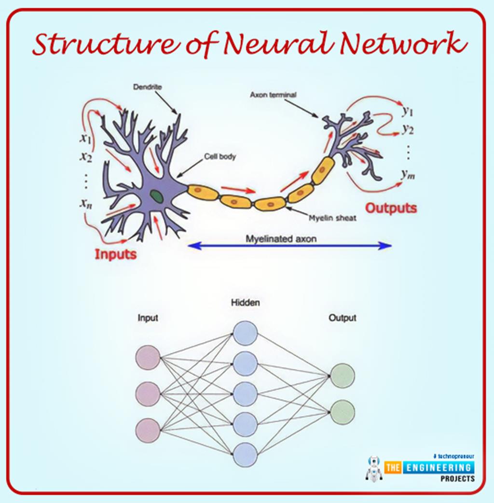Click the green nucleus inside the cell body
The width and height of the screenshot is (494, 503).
click(x=156, y=196)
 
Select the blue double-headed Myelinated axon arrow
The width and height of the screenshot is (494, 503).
click(x=289, y=246)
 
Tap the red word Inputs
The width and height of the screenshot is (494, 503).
click(x=115, y=254)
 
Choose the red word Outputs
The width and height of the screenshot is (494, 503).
click(x=391, y=209)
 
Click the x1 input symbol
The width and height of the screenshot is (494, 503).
click(x=86, y=139)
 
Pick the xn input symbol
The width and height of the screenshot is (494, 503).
click(x=86, y=203)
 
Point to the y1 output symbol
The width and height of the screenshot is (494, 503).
click(x=408, y=111)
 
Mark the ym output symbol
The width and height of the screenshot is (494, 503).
click(x=408, y=175)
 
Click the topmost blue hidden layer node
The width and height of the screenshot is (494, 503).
click(x=245, y=333)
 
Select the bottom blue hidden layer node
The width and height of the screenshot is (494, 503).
click(x=245, y=455)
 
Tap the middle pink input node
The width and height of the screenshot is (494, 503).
click(x=148, y=394)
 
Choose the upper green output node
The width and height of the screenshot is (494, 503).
click(x=343, y=376)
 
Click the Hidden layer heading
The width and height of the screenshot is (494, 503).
click(x=245, y=303)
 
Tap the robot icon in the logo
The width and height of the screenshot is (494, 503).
click(x=373, y=468)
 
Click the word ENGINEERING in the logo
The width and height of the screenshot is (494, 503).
click(x=438, y=467)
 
